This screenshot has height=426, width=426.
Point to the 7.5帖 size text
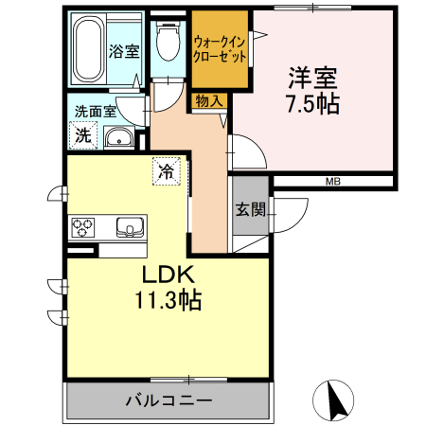pyautogui.click(x=312, y=103)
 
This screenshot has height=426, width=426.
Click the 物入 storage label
pyautogui.click(x=210, y=100)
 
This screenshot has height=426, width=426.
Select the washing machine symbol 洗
pyautogui.click(x=83, y=135)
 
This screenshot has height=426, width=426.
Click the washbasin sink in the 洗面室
pyautogui.click(x=119, y=141)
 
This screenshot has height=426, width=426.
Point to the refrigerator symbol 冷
pyautogui.click(x=167, y=172)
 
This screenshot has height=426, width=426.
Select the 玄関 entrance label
pyautogui.click(x=251, y=208)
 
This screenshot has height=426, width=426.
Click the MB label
pyautogui.click(x=333, y=181)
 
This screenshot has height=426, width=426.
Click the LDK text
pyautogui.click(x=168, y=275)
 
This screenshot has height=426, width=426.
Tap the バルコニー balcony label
pyautogui.click(x=169, y=400)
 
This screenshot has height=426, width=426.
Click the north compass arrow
pyautogui.click(x=333, y=399)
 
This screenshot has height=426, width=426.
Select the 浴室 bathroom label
pyautogui.click(x=119, y=49)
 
